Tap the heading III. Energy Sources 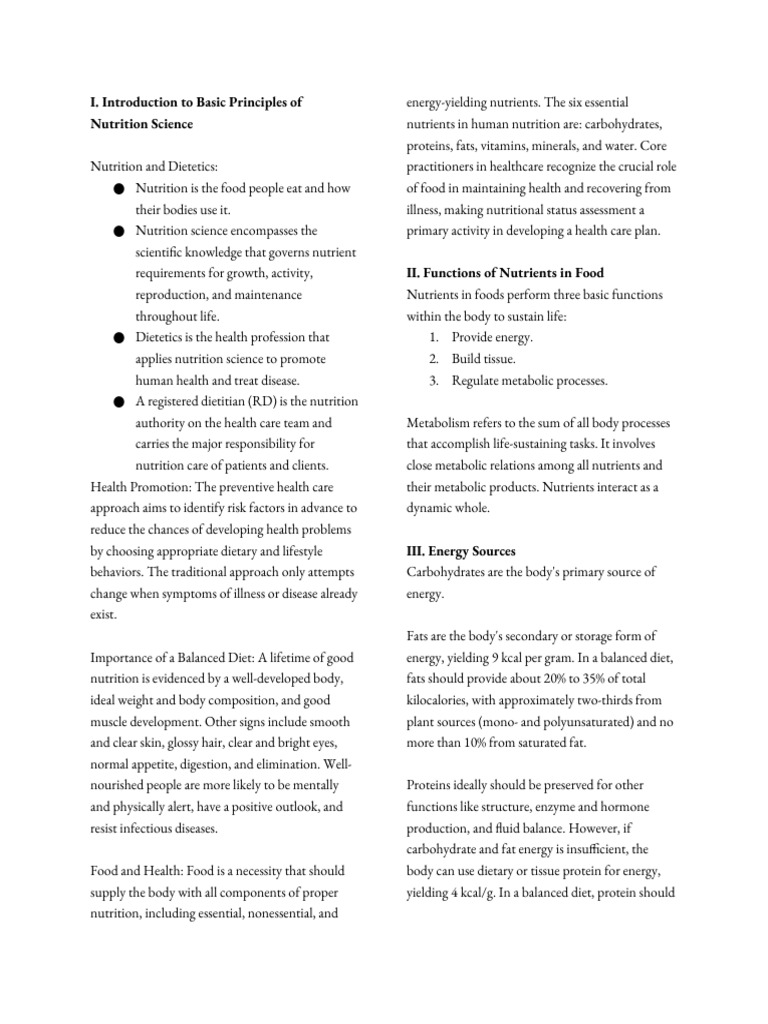(460, 552)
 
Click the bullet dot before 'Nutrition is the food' (119, 189)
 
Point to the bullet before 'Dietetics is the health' (119, 338)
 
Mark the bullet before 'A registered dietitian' (119, 402)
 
